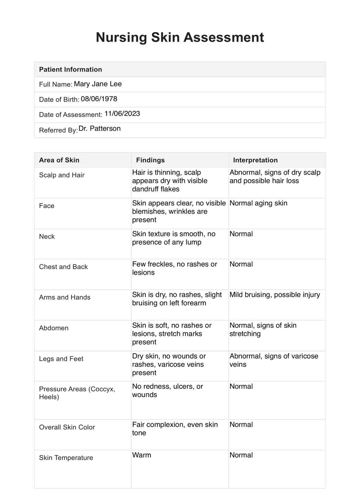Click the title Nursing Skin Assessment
[x=180, y=37]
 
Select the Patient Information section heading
[x=70, y=69]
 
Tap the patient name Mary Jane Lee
[x=98, y=84]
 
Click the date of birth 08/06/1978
[x=99, y=99]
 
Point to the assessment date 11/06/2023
[x=122, y=114]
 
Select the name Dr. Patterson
[x=99, y=129]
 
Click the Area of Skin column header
[x=59, y=160]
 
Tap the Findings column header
[x=150, y=160]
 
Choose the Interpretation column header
[x=255, y=160]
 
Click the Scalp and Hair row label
[x=62, y=175]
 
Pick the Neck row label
[x=47, y=236]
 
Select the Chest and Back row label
[x=63, y=267]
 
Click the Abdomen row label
[x=54, y=328]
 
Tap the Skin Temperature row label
[x=66, y=458]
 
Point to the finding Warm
[x=141, y=455]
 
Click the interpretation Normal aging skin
[x=258, y=203]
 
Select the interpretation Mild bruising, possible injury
[x=275, y=295]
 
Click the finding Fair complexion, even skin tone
[x=175, y=429]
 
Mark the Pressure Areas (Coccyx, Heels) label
[x=77, y=393]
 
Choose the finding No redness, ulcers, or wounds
[x=167, y=390]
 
